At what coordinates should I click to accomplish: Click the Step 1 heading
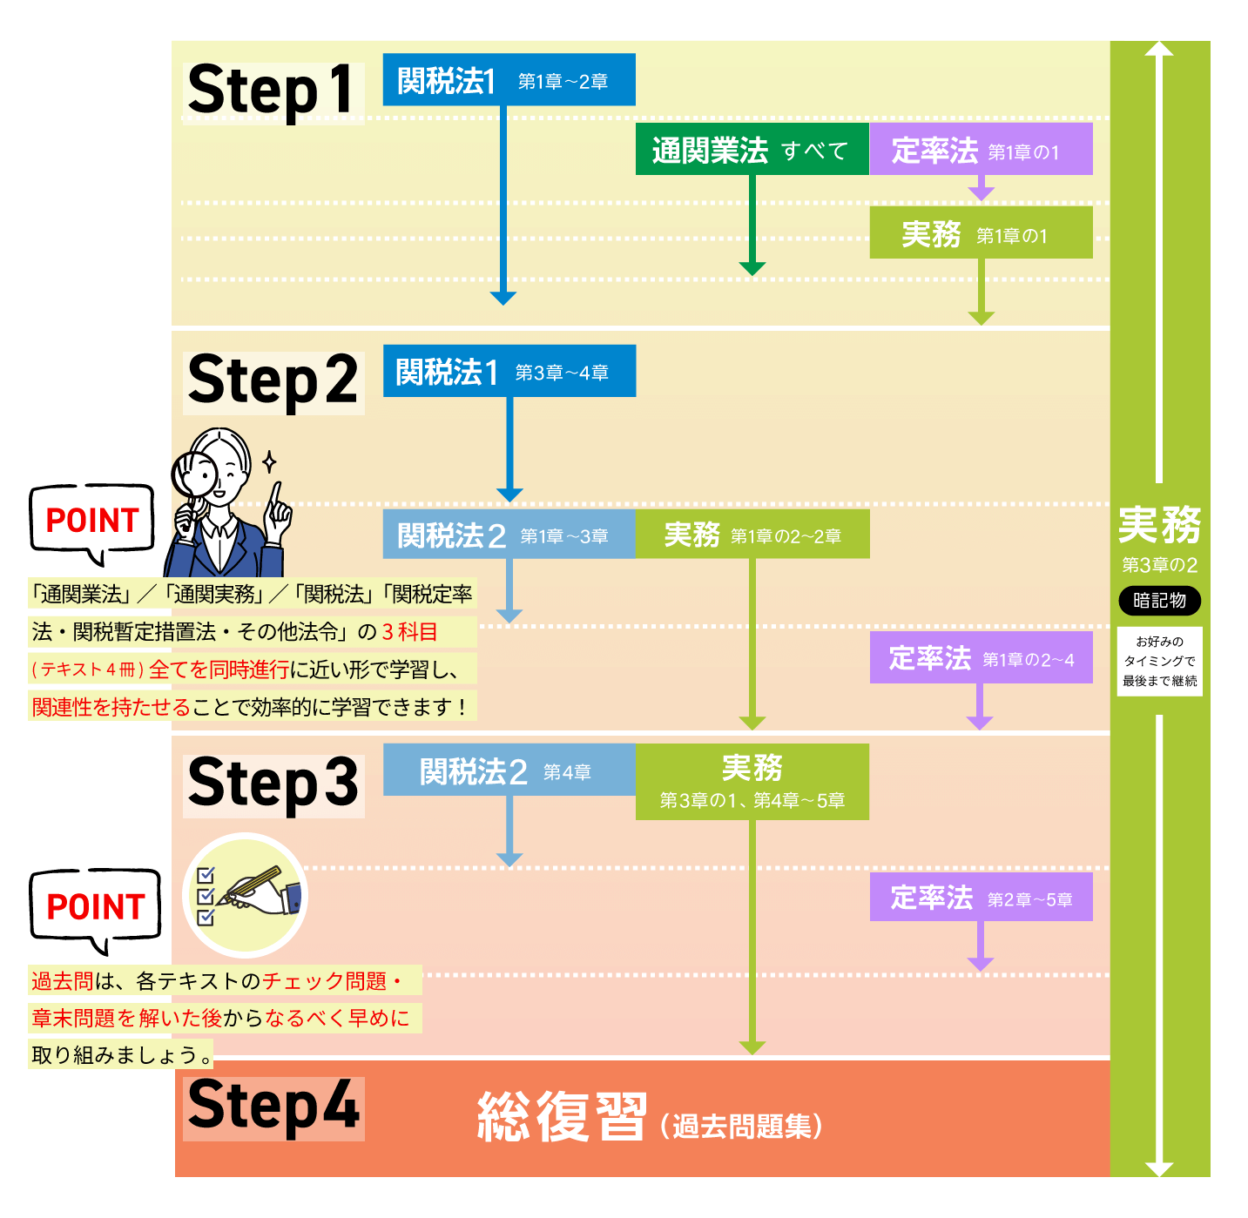click(x=272, y=91)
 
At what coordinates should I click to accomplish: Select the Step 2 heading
click(x=272, y=381)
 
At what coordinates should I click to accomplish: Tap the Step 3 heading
click(x=272, y=784)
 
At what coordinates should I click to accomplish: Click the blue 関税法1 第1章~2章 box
click(x=509, y=80)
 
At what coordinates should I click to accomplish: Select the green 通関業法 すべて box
click(x=752, y=150)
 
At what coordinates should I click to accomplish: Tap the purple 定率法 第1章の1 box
click(x=981, y=150)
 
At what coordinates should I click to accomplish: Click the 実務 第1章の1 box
click(x=981, y=233)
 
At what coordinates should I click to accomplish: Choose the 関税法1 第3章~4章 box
click(x=509, y=372)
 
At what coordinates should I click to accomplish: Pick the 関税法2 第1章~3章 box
click(x=509, y=535)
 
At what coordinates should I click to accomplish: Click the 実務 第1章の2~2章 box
click(x=752, y=535)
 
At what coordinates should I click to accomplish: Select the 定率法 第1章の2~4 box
click(x=981, y=658)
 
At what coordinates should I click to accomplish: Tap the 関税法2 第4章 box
click(x=509, y=771)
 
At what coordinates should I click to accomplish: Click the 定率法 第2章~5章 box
click(x=981, y=898)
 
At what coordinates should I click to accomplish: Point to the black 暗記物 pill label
click(x=1159, y=601)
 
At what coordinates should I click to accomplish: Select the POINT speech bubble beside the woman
click(x=92, y=521)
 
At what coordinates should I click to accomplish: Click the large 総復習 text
click(x=562, y=1116)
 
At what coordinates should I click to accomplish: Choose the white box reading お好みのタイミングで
click(x=1159, y=662)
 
